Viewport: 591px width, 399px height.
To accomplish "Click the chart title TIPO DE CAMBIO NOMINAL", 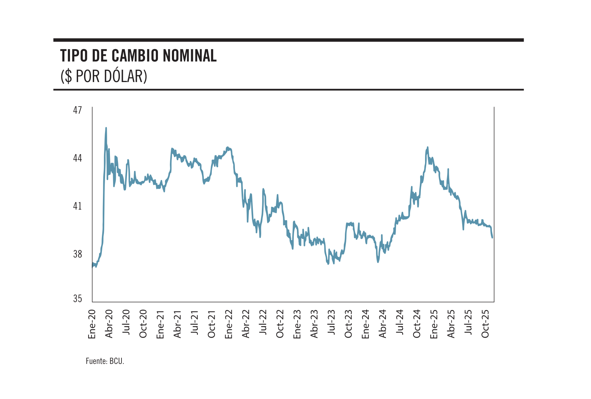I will point(138,56).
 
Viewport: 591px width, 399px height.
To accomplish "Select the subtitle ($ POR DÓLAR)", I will point(104,76).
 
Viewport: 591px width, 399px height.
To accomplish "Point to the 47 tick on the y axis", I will point(77,110).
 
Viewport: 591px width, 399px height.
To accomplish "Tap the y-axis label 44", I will point(77,158).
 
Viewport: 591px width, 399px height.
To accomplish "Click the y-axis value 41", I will point(77,206).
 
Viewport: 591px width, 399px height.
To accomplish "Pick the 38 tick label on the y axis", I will point(77,254).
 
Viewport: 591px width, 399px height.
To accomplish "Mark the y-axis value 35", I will point(77,298).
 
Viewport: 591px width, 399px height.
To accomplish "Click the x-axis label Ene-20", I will point(92,324).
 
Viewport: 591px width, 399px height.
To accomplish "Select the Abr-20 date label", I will point(109,324).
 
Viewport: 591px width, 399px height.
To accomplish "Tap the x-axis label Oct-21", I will point(211,324).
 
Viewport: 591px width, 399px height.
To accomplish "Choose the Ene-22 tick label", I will point(229,324).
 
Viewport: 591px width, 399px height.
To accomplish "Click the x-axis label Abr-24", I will point(383,324).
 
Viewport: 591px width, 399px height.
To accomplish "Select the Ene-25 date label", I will point(434,324).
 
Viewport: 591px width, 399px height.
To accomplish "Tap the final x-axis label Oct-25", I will point(485,324).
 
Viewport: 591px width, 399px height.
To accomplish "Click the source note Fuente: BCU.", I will point(105,361).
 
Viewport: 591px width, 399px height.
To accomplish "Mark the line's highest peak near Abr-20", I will point(106,128).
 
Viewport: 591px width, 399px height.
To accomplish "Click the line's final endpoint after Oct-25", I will point(492,238).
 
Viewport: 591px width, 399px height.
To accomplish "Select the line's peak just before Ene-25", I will point(427,147).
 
